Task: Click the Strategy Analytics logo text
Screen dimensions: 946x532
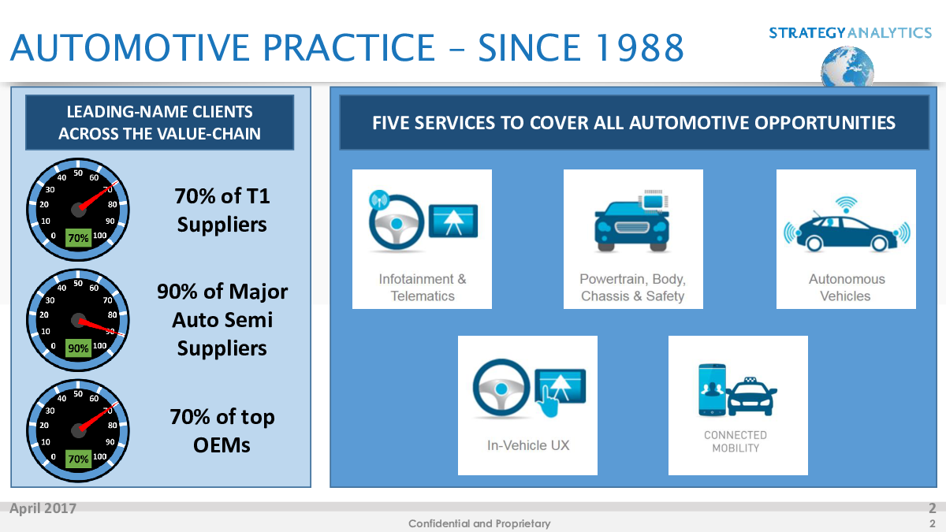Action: tap(850, 32)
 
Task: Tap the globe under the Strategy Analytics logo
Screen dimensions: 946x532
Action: tap(847, 67)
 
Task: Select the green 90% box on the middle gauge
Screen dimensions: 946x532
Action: tap(78, 348)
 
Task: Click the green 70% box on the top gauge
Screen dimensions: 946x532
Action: tap(78, 238)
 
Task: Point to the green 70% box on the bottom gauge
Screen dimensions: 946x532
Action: tap(78, 459)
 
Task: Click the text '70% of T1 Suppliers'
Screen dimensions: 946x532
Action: tap(222, 210)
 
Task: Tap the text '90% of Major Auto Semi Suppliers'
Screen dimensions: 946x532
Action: tap(222, 320)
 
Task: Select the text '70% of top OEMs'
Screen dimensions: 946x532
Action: tap(222, 430)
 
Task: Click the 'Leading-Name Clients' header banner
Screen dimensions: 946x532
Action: tap(159, 122)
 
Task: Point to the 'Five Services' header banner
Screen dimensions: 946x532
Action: tap(635, 122)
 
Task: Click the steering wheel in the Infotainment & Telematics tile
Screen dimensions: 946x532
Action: tap(396, 222)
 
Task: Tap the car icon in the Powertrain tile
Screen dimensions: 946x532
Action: tap(631, 226)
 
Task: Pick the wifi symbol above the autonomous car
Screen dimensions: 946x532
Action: tap(847, 205)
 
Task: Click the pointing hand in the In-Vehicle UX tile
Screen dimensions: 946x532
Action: tap(548, 401)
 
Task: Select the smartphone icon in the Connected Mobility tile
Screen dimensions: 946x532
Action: tap(712, 389)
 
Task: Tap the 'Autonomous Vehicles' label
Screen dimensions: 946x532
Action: tap(847, 288)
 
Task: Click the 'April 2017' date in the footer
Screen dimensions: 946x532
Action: tap(43, 508)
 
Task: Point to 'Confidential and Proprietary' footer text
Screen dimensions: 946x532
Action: tap(479, 523)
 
